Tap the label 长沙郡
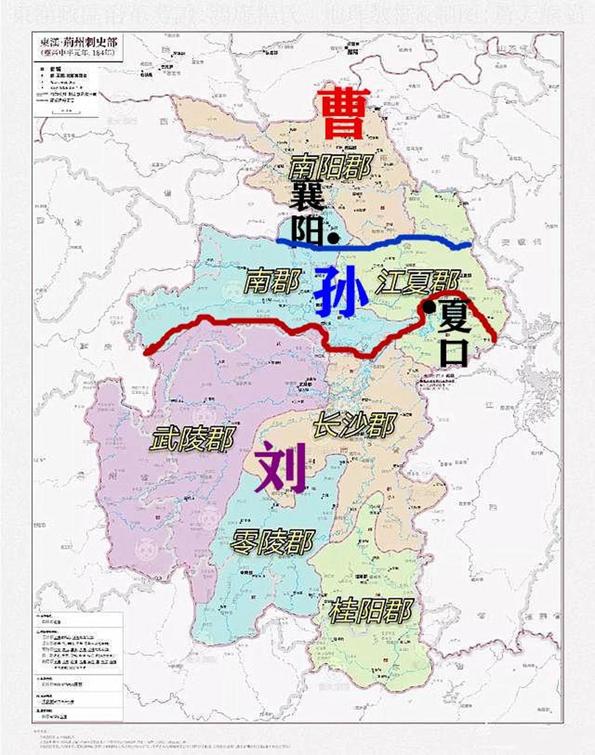click(x=354, y=424)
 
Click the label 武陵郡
click(x=192, y=439)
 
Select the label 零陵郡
click(x=272, y=541)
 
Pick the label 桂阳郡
click(x=370, y=610)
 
